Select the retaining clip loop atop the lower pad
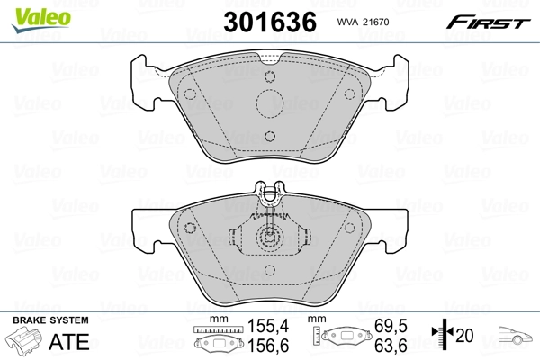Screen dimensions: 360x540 [268, 191]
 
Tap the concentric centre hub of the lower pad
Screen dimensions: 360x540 [268, 239]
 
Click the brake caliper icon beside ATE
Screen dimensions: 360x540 [27, 343]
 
